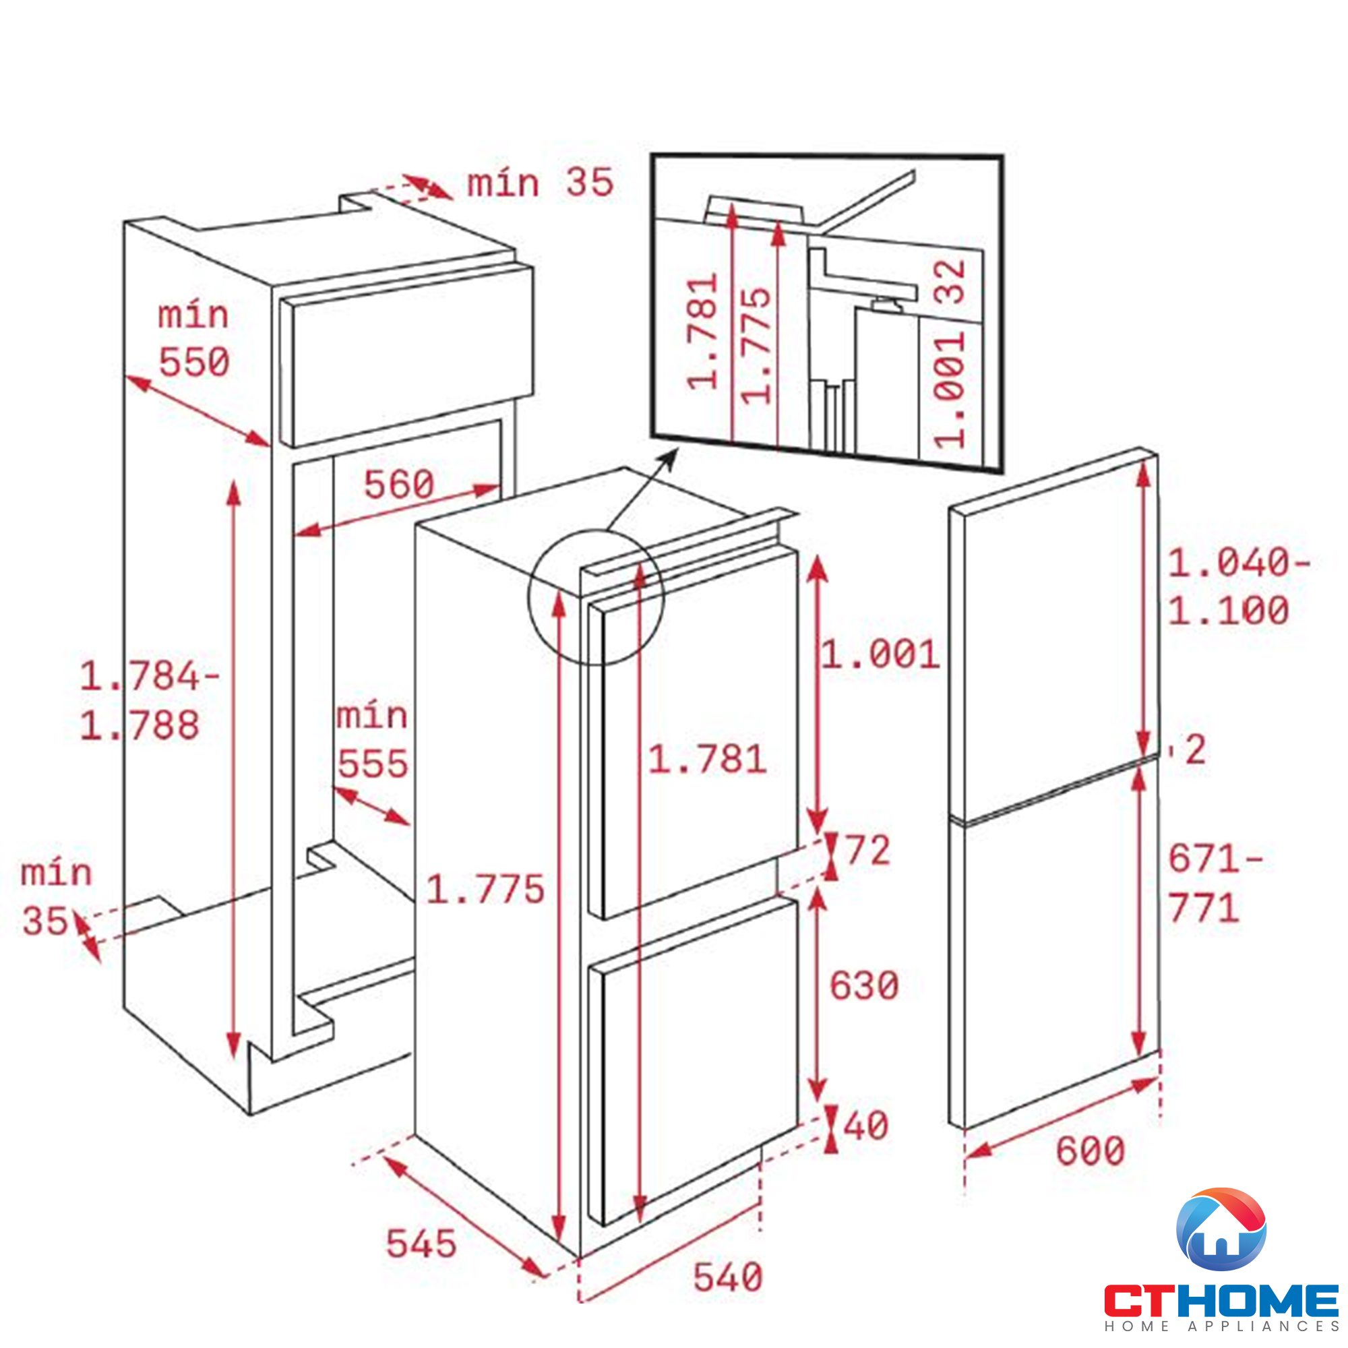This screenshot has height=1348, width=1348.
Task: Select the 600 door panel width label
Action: (x=1090, y=1151)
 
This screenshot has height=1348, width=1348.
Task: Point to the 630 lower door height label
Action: (x=864, y=985)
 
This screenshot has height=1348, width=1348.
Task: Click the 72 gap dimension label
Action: (x=868, y=850)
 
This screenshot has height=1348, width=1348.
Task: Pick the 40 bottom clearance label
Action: (x=866, y=1126)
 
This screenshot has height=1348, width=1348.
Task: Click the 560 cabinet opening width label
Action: (x=399, y=484)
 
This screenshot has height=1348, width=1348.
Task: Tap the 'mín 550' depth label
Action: (x=194, y=339)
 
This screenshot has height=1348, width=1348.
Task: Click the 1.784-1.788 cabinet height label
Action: (x=148, y=700)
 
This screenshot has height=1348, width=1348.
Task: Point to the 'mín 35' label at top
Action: (x=540, y=183)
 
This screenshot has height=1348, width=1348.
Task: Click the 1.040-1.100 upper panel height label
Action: (x=1237, y=587)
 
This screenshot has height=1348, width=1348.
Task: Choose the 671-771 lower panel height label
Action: (x=1214, y=883)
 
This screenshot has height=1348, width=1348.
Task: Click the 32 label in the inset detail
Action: (x=950, y=282)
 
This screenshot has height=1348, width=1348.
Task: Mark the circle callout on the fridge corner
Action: (x=596, y=597)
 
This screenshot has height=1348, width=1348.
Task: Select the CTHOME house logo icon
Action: (x=1221, y=1229)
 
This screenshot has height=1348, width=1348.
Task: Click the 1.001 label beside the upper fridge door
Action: (x=880, y=654)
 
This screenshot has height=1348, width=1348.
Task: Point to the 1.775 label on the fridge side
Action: (x=485, y=890)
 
